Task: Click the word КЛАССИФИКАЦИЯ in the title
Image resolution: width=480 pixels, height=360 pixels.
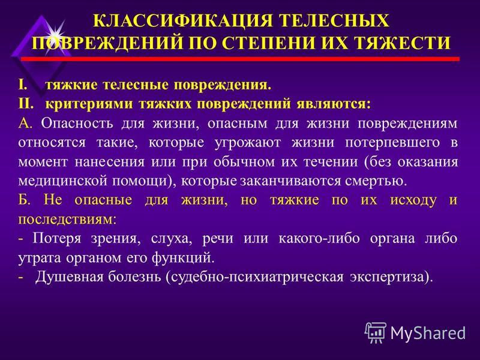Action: [x=183, y=21]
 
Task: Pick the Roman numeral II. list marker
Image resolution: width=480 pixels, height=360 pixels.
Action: [x=25, y=104]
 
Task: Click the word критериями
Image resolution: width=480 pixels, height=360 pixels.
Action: [x=89, y=104]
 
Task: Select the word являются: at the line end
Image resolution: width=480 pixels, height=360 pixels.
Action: [x=334, y=104]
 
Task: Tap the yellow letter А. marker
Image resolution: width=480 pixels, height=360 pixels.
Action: [x=25, y=123]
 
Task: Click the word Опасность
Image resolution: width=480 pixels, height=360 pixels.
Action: [x=77, y=123]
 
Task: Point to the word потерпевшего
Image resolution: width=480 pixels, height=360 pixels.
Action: [x=392, y=143]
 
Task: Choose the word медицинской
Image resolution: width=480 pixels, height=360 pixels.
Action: [x=62, y=181]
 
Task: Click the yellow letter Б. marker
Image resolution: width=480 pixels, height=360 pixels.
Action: [x=24, y=200]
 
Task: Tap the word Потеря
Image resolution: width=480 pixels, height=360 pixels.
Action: [x=56, y=238]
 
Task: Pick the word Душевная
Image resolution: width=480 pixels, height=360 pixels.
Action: [x=69, y=277]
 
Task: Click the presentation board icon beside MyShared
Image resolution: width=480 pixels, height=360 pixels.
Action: [x=376, y=332]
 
